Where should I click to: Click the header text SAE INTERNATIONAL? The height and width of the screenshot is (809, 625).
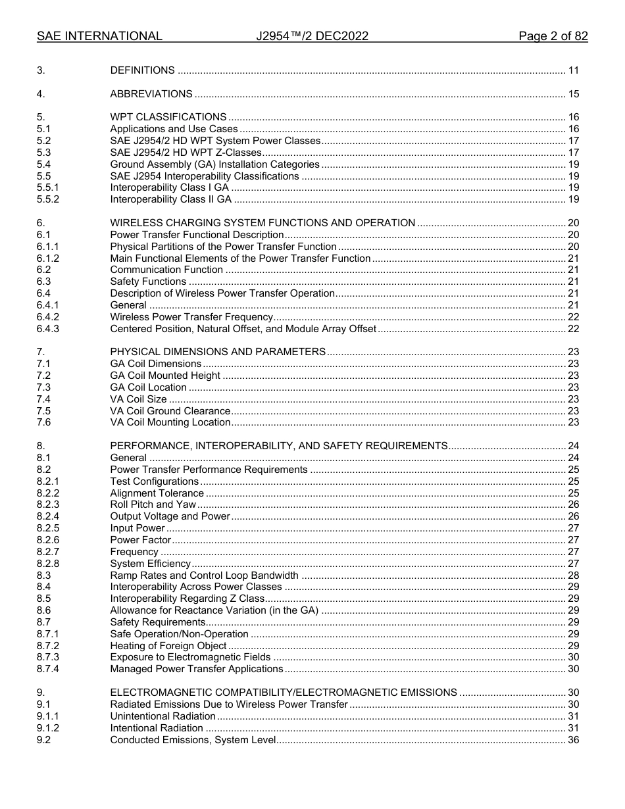99,36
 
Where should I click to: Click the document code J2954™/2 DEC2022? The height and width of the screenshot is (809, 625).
312,36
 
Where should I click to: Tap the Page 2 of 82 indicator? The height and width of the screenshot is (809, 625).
553,36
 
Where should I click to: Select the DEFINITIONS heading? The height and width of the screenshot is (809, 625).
142,70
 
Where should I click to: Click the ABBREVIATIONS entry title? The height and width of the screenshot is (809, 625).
151,94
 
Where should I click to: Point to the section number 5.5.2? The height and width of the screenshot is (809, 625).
48,199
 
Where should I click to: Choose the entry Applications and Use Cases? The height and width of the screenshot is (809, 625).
174,129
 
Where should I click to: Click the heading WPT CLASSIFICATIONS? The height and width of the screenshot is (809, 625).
168,117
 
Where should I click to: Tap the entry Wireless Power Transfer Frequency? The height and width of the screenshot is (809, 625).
191,317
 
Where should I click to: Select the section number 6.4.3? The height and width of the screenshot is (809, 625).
48,329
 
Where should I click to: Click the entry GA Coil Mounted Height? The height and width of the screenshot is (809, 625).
165,376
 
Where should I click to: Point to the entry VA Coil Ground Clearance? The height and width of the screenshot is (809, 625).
170,411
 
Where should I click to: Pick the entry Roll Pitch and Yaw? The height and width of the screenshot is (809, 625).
153,504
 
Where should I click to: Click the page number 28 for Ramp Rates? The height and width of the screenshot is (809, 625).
573,575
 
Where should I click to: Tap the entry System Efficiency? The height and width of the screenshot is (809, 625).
150,564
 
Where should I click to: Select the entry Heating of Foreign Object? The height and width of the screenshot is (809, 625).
168,646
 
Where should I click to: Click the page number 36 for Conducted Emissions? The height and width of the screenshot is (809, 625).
573,740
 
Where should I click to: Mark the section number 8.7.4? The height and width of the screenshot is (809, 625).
48,669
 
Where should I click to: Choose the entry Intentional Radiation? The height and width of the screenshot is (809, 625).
157,728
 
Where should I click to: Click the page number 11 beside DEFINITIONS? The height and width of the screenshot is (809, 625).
573,70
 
